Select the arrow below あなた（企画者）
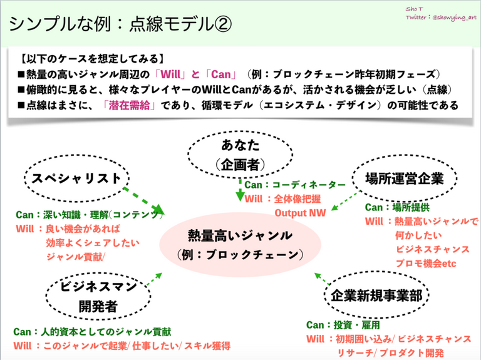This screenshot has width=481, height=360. pos(240,189)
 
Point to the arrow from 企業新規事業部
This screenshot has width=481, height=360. pos(324,279)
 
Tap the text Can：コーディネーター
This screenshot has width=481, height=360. pos(294,185)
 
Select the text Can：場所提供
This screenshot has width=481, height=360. pos(396,207)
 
